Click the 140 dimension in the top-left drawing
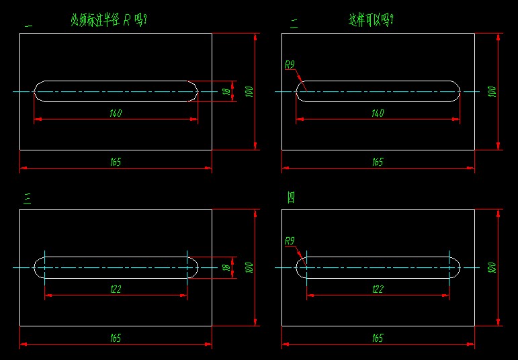(x=116, y=114)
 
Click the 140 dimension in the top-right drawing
(x=378, y=114)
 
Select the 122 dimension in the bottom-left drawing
(x=116, y=289)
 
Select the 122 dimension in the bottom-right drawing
(x=378, y=289)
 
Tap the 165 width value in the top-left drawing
(x=116, y=162)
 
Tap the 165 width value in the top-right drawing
(x=378, y=162)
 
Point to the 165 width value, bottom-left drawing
(x=116, y=339)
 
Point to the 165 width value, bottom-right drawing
(x=378, y=339)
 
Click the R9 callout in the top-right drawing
(x=290, y=65)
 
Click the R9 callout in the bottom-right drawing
(x=290, y=241)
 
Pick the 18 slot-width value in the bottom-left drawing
(x=226, y=267)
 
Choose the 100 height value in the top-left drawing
(x=249, y=91)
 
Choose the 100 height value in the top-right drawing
(x=492, y=91)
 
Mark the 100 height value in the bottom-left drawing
(x=249, y=267)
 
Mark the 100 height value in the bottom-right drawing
(x=492, y=267)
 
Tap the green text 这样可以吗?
(x=371, y=21)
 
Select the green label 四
(x=292, y=197)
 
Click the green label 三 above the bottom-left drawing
(x=28, y=197)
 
